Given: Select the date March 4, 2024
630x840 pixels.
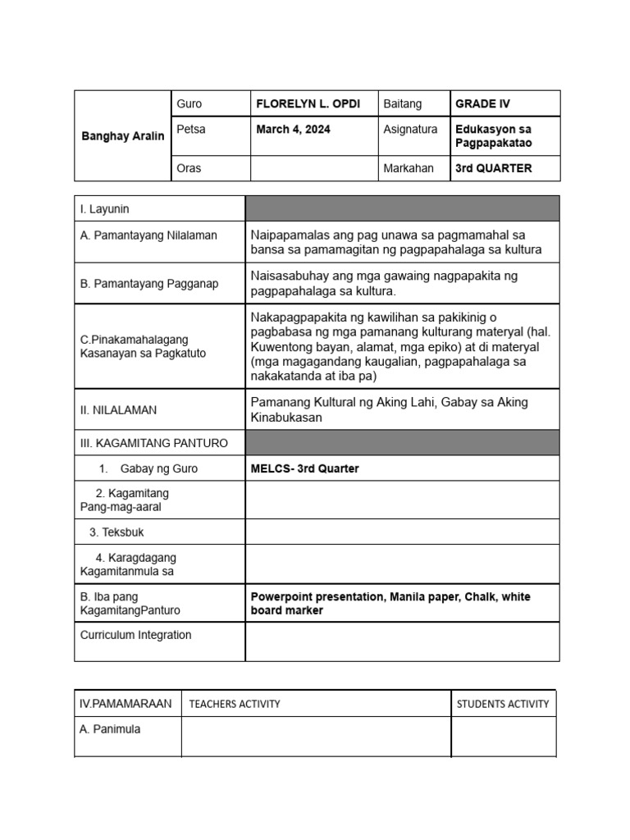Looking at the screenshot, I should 293,130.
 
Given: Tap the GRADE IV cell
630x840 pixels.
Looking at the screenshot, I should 482,104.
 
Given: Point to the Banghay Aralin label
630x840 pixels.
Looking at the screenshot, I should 122,136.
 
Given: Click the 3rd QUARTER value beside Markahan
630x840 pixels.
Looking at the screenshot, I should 493,168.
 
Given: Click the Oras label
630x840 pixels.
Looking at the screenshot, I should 189,168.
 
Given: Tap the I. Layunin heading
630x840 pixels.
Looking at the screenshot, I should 104,209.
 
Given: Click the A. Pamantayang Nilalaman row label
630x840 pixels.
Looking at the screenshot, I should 148,235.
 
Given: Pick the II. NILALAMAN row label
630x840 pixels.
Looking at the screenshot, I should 118,409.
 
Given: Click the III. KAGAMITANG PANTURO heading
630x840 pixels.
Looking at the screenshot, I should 153,443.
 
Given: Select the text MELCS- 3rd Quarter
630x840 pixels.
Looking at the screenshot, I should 304,468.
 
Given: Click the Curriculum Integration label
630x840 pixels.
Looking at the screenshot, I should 135,635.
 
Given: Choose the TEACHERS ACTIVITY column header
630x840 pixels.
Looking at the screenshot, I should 234,704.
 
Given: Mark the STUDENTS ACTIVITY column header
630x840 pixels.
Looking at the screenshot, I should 503,704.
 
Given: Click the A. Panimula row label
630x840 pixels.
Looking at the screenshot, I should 110,729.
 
